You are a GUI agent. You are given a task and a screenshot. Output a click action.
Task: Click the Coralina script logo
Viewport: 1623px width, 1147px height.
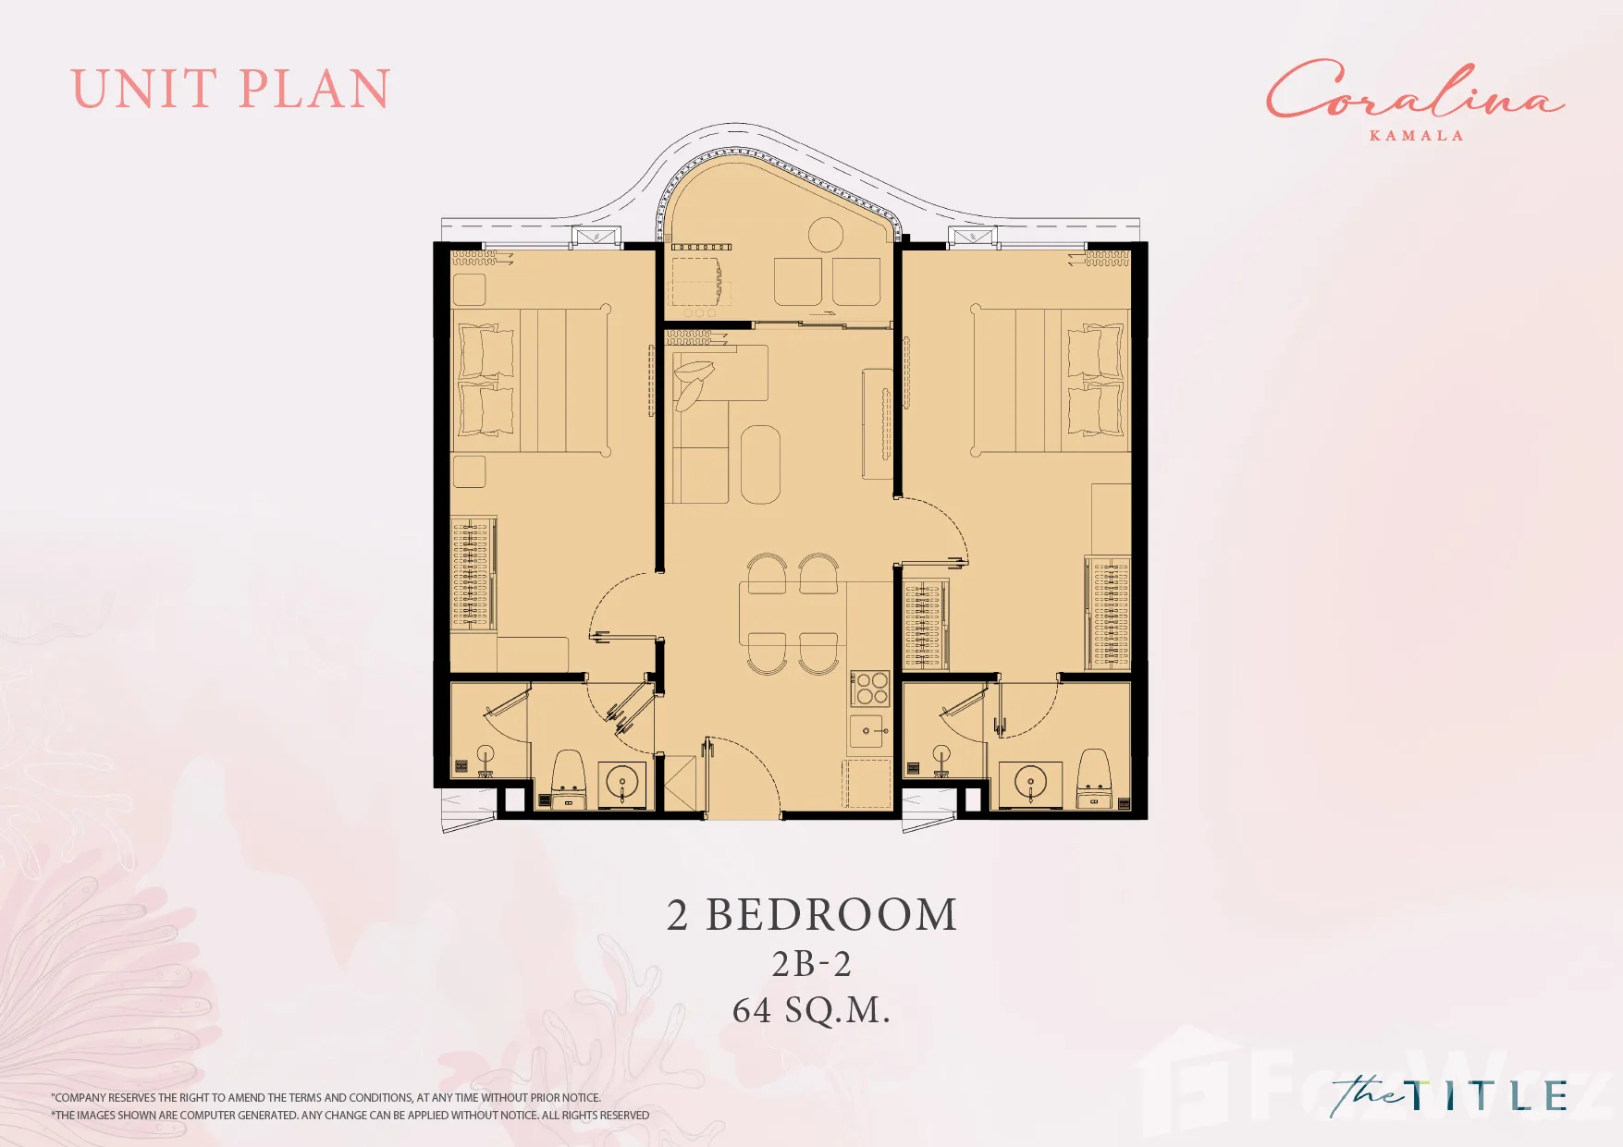[1415, 91]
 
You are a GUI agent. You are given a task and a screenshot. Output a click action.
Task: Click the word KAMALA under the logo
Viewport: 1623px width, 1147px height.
[1416, 136]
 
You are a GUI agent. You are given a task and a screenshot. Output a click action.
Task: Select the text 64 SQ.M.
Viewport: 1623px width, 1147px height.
[811, 1010]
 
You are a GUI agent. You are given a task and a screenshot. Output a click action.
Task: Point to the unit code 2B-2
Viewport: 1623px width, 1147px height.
[811, 964]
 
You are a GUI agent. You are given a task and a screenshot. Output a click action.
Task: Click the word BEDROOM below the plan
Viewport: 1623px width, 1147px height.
[831, 915]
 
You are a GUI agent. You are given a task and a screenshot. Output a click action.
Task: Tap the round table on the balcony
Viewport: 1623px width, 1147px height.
[826, 235]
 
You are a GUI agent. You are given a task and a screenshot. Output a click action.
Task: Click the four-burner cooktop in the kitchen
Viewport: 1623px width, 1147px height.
[870, 689]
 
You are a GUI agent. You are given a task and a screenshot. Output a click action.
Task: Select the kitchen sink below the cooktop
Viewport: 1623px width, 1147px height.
[869, 731]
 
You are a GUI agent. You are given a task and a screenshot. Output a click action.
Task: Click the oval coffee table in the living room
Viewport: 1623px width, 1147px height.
[760, 464]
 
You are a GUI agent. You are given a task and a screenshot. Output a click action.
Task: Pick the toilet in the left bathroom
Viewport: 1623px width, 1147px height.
[568, 778]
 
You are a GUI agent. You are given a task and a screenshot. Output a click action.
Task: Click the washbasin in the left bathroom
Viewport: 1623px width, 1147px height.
[622, 785]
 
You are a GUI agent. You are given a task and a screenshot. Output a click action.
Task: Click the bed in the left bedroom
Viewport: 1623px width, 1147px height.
[531, 381]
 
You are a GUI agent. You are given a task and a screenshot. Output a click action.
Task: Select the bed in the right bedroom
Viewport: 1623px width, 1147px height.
[1051, 380]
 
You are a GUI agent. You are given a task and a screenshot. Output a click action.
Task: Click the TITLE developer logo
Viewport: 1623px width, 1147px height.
[1449, 1095]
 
